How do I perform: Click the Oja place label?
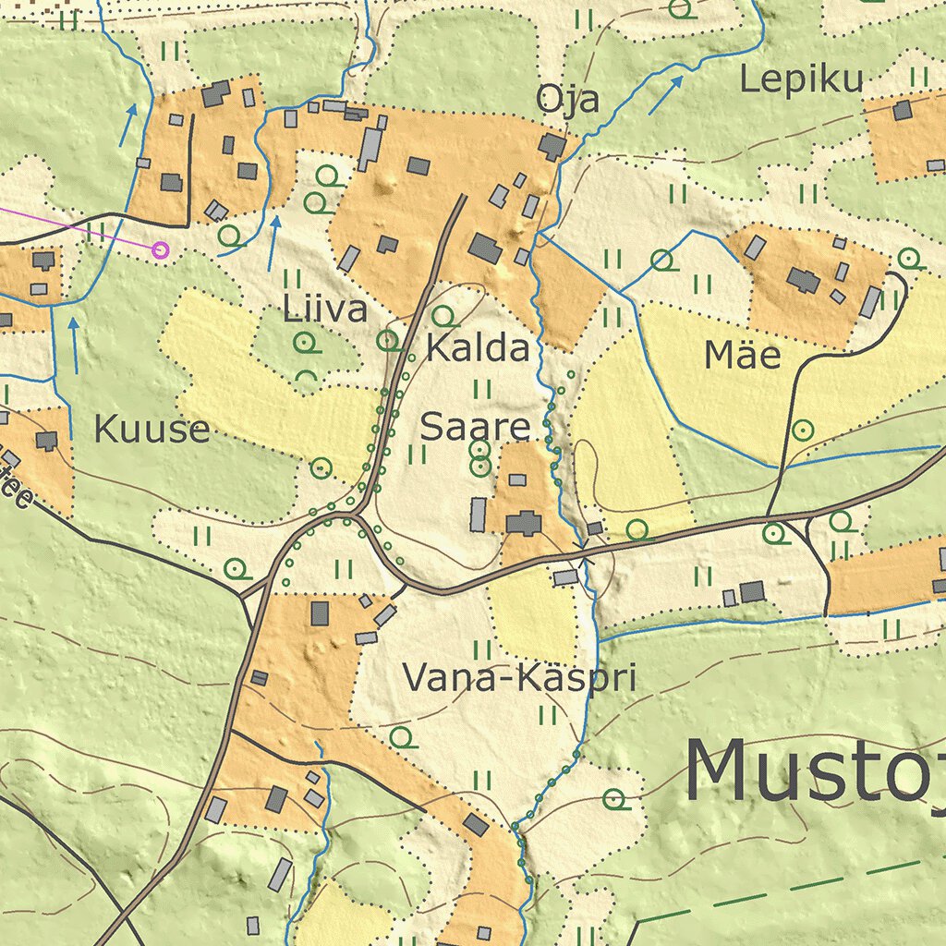pos(568,100)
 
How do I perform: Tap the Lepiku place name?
pos(801,80)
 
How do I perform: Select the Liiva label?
pos(325,309)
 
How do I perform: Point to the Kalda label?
pos(478,349)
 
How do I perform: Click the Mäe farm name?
pos(743,355)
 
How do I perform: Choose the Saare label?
pos(476,427)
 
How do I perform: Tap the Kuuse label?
pos(152,429)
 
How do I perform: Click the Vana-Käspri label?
pos(520,679)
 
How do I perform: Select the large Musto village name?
pos(813,771)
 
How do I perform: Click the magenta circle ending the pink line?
pos(161,249)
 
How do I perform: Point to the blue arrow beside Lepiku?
pos(665,95)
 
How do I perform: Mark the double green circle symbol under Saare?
pos(479,458)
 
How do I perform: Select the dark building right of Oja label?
pos(552,146)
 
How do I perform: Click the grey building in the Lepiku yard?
pos(903,110)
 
